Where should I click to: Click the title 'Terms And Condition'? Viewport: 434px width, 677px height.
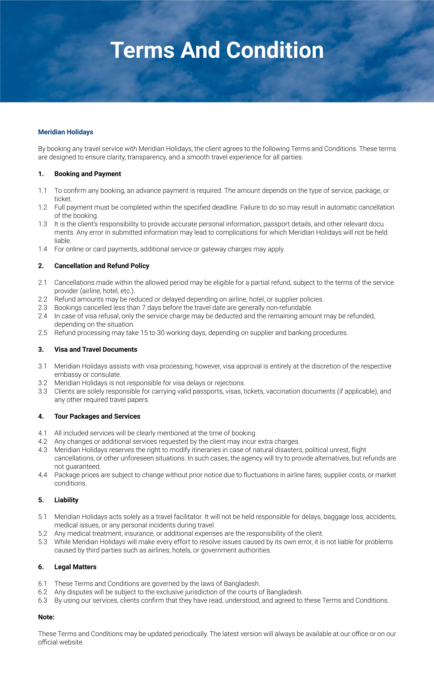point(217,50)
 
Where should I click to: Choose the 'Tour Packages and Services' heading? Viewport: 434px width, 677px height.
point(97,416)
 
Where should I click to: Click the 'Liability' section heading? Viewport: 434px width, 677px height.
point(66,500)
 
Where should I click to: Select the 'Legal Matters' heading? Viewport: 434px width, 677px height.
point(75,567)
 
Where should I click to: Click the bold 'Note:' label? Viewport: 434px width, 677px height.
point(46,617)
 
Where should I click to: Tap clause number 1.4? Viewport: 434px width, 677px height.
point(42,249)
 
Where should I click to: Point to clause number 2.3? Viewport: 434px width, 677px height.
point(42,308)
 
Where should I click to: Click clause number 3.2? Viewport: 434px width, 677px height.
point(42,383)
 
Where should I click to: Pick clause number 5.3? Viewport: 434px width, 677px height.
point(42,542)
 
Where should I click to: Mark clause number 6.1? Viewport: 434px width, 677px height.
point(42,583)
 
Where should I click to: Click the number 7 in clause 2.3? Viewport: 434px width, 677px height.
point(144,308)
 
